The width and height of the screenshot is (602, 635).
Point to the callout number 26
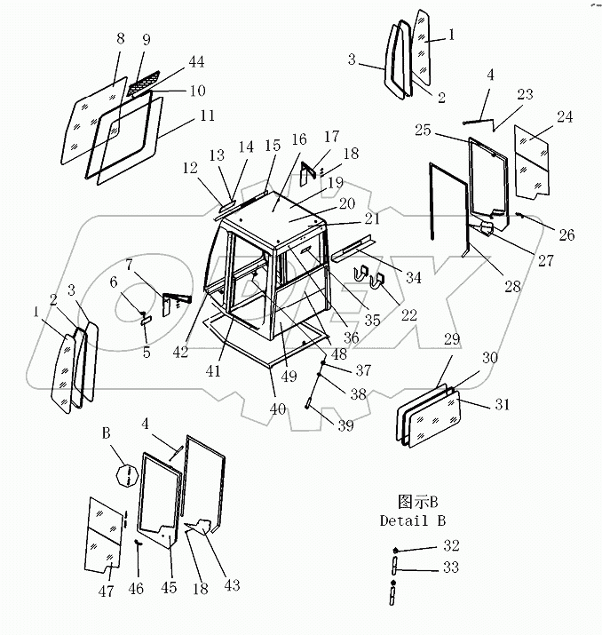point(566,234)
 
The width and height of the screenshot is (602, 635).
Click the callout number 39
point(345,425)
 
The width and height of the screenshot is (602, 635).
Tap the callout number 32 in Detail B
point(452,545)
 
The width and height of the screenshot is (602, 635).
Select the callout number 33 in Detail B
point(452,567)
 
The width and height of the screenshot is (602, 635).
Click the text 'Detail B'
point(412,520)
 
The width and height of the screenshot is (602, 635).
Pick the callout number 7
point(130,265)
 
